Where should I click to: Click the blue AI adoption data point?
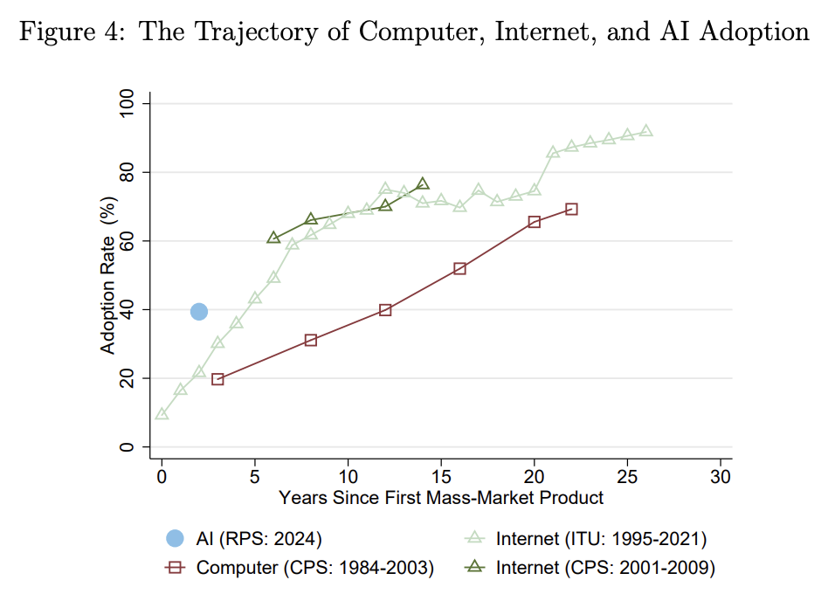pyautogui.click(x=199, y=311)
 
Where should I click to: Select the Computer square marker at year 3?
pyautogui.click(x=217, y=379)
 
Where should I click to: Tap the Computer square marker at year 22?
pyautogui.click(x=571, y=209)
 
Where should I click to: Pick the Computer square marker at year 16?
pyautogui.click(x=459, y=268)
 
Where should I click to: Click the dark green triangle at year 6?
pyautogui.click(x=273, y=238)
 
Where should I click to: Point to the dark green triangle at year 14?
pyautogui.click(x=423, y=184)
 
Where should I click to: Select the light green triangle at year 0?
pyautogui.click(x=162, y=413)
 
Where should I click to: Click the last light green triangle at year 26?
pyautogui.click(x=646, y=131)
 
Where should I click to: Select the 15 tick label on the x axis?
pyautogui.click(x=441, y=477)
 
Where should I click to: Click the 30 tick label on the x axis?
pyautogui.click(x=721, y=477)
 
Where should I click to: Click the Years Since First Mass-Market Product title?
pyautogui.click(x=441, y=498)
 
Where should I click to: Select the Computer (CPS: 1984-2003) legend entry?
pyautogui.click(x=314, y=568)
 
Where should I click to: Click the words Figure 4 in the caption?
pyautogui.click(x=72, y=31)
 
